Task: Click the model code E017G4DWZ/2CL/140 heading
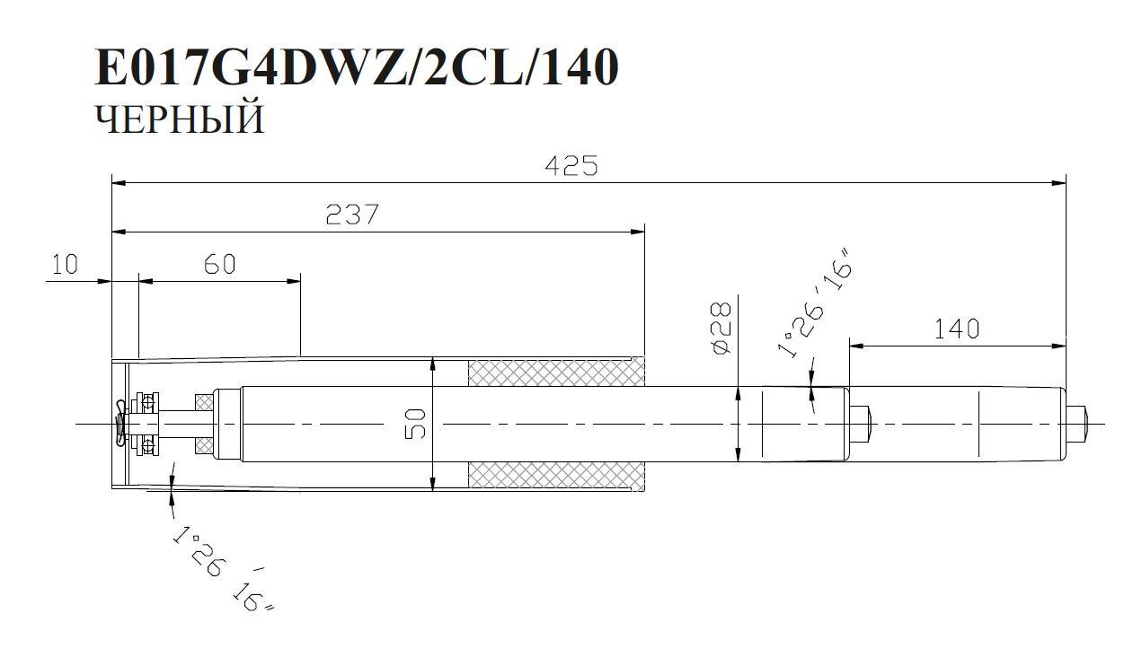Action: pyautogui.click(x=357, y=67)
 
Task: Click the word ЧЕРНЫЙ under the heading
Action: pyautogui.click(x=180, y=119)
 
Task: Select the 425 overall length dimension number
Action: pyautogui.click(x=571, y=166)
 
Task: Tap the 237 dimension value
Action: pyautogui.click(x=352, y=215)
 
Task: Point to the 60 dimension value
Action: pyautogui.click(x=218, y=264)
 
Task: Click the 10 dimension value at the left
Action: pyautogui.click(x=65, y=264)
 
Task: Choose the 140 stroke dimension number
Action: pyautogui.click(x=956, y=329)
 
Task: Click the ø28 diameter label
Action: pyautogui.click(x=721, y=329)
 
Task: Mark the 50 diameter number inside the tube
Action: pyautogui.click(x=415, y=425)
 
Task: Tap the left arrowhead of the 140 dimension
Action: pyautogui.click(x=855, y=345)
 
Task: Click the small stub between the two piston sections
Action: pyautogui.click(x=861, y=424)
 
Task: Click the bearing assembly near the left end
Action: pyautogui.click(x=145, y=423)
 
